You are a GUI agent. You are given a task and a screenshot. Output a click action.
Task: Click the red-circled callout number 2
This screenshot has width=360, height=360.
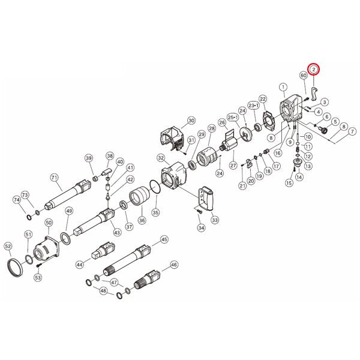tap(314, 70)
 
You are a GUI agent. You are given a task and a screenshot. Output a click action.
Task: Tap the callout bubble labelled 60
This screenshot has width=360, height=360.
tap(304, 76)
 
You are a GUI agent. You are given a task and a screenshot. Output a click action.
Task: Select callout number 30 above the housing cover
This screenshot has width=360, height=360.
tap(191, 121)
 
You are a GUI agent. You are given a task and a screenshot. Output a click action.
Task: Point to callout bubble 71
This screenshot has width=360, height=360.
tap(54, 178)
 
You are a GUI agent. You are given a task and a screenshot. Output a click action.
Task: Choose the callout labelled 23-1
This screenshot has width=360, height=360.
tap(253, 106)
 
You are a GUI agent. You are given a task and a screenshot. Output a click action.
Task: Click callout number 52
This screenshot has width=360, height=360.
tap(8, 247)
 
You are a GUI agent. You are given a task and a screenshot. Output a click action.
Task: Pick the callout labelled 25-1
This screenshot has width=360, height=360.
tap(233, 118)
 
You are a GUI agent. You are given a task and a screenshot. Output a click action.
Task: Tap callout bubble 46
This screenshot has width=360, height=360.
tap(174, 265)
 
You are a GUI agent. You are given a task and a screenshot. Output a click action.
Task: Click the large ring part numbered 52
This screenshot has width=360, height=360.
tap(16, 268)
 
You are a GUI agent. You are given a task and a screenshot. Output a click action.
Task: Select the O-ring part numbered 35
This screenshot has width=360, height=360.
tap(155, 187)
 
